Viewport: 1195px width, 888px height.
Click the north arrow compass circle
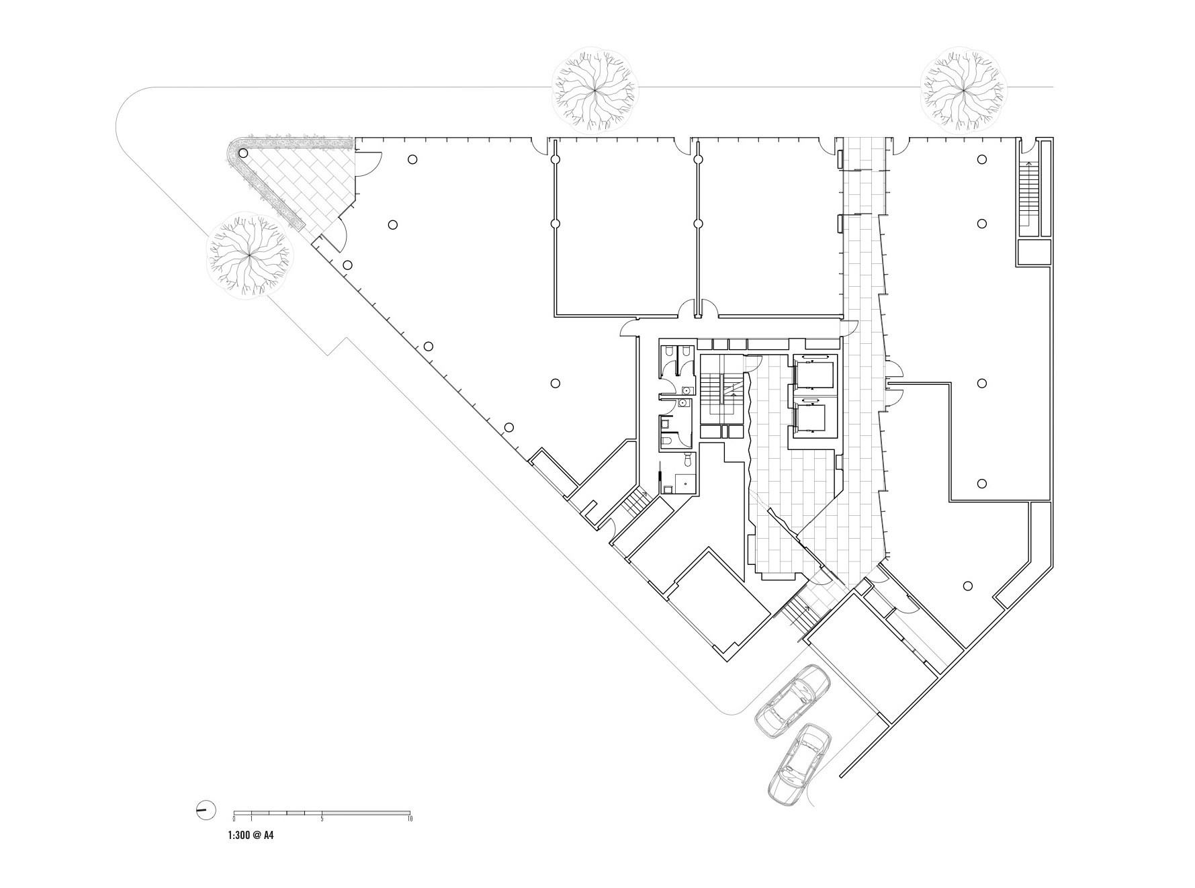point(206,810)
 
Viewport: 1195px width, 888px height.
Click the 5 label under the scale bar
point(322,819)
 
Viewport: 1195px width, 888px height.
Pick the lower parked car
point(799,764)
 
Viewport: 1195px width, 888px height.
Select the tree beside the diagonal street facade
point(249,255)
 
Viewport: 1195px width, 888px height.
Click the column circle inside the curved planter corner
point(243,154)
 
